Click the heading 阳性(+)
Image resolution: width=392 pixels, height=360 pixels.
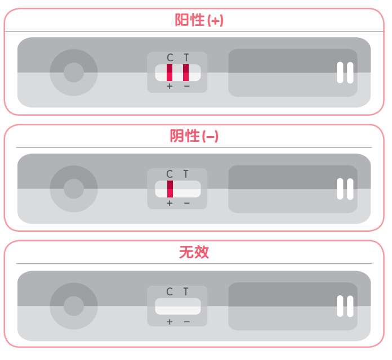(199, 20)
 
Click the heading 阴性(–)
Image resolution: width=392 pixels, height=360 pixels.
(194, 136)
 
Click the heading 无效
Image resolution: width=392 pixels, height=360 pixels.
(194, 252)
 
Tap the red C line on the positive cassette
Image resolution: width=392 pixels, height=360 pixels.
(170, 73)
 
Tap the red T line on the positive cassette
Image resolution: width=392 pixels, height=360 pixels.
(186, 73)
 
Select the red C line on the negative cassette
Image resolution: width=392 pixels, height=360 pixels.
(170, 189)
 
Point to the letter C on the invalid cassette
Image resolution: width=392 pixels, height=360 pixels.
(170, 291)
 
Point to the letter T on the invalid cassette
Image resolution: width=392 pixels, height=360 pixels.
(186, 291)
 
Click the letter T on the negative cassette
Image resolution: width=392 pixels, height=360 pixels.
(186, 174)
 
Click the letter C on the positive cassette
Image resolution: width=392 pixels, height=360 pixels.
(170, 58)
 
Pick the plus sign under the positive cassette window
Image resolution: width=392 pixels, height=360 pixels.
(170, 87)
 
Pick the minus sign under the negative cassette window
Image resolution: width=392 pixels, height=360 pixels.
(186, 203)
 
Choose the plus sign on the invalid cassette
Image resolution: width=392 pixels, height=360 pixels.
(170, 322)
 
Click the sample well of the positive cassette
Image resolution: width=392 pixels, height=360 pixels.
(73, 73)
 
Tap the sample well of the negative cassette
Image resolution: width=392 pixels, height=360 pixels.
(73, 189)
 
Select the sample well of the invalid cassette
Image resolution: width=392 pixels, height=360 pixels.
(73, 306)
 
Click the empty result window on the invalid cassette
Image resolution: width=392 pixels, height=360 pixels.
(178, 307)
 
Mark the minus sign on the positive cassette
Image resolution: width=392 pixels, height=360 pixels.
(186, 87)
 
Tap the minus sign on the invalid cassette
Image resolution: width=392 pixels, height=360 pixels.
(186, 322)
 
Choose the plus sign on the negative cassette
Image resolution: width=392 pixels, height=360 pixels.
(170, 203)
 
